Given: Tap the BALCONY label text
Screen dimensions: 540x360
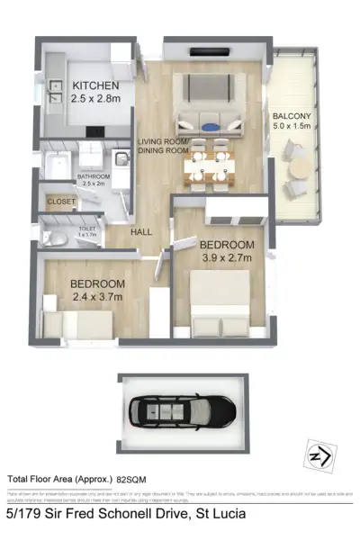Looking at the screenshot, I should click(292, 114).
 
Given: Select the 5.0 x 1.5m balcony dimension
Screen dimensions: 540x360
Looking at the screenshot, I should click(293, 127).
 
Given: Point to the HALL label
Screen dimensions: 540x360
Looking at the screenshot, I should click(141, 232).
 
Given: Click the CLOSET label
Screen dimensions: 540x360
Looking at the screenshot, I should click(61, 202).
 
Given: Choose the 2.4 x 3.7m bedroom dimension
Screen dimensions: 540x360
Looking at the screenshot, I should click(97, 297).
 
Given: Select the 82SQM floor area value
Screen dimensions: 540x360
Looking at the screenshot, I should click(132, 479).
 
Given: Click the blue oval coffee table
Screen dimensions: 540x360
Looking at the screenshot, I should click(210, 126).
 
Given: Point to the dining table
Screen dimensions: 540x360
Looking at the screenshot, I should click(210, 165).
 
